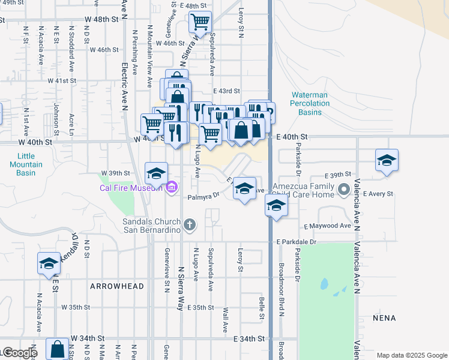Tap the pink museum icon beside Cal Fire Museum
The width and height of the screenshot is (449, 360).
(171, 188)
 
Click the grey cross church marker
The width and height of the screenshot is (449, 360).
(190, 225)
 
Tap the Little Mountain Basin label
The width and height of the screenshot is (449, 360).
(26, 164)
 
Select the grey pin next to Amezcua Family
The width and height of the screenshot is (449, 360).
(343, 190)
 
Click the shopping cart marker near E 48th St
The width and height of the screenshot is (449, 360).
(200, 23)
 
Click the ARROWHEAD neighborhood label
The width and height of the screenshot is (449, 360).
(117, 286)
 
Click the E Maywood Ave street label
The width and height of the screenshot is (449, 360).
(327, 226)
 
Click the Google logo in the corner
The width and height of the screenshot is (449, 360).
(19, 353)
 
